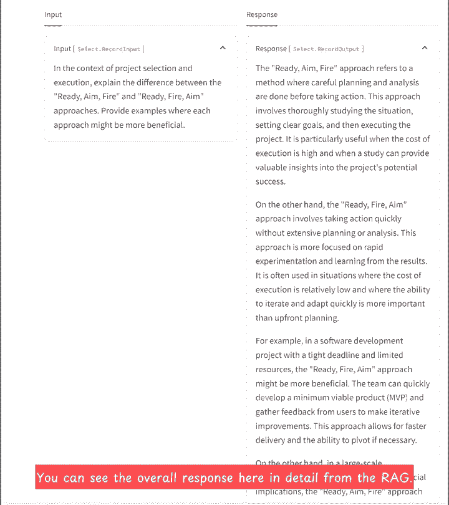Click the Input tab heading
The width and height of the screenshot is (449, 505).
pos(53,14)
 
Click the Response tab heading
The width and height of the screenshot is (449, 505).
pos(262,14)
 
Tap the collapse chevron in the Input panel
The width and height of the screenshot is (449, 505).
pos(223,47)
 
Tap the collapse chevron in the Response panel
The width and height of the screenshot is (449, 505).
pos(425,47)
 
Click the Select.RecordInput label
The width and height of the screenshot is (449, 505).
pos(109,49)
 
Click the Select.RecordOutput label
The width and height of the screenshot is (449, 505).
pos(327,49)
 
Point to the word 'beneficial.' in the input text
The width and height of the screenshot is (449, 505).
pos(164,125)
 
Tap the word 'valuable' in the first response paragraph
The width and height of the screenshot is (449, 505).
pos(275,168)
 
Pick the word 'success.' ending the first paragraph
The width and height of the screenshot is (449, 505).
pos(270,182)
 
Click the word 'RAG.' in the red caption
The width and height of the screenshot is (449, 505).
pos(397,478)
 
